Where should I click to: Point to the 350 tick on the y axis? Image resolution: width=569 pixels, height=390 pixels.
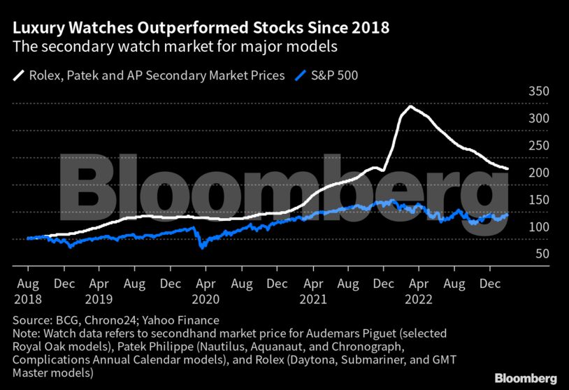(x=539, y=92)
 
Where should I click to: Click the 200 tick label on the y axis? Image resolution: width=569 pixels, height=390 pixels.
(x=539, y=173)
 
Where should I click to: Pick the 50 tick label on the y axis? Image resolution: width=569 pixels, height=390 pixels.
(x=542, y=254)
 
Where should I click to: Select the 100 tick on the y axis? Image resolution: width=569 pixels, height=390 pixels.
(x=539, y=227)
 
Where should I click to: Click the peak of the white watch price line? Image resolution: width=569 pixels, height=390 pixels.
(x=410, y=107)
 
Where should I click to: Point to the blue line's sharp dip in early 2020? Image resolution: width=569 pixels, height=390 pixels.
(x=203, y=247)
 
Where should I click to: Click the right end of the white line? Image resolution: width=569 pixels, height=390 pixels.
(x=507, y=169)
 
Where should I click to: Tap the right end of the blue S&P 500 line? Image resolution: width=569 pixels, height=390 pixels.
(x=507, y=215)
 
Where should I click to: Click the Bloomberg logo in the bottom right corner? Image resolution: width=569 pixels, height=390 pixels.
(x=526, y=378)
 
